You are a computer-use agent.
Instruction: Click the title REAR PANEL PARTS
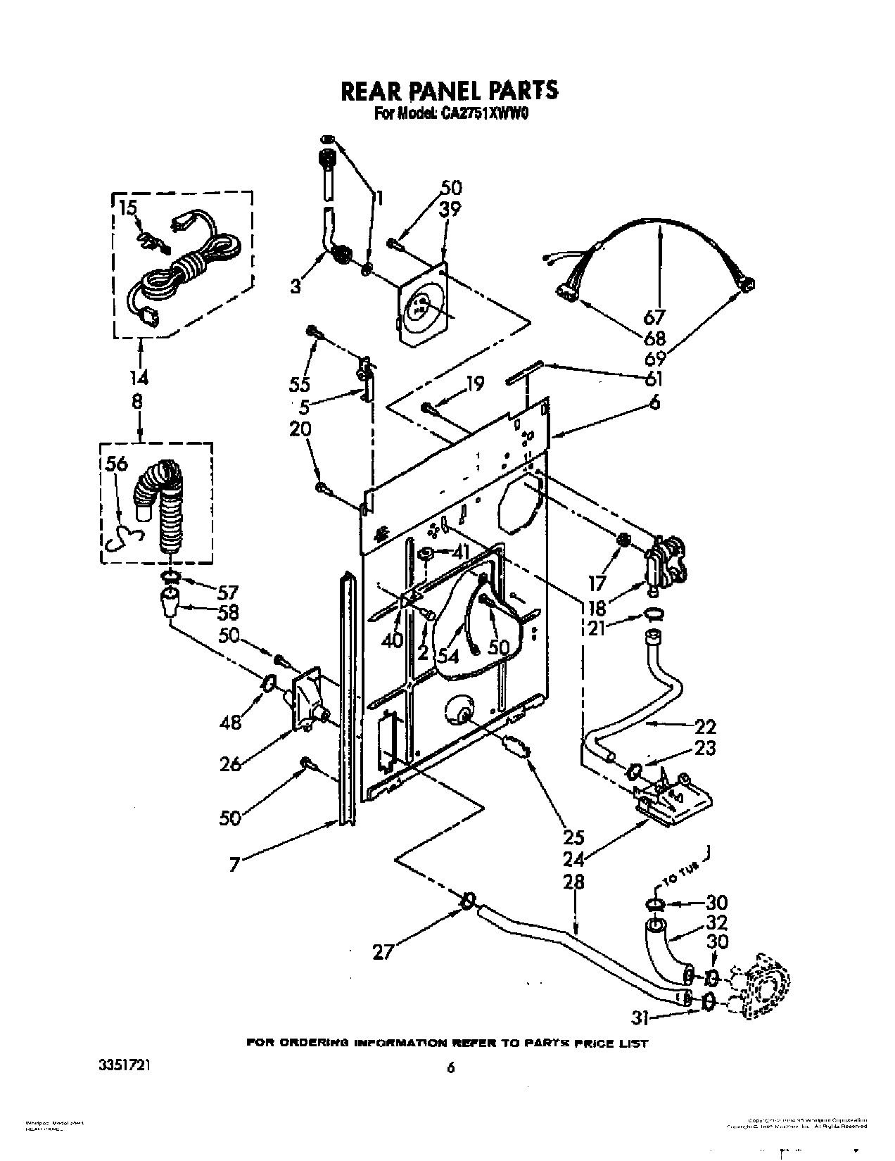[x=449, y=90]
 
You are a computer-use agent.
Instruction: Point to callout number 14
[x=139, y=378]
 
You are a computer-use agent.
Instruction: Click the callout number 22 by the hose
[x=705, y=726]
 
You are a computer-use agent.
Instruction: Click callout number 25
[x=575, y=838]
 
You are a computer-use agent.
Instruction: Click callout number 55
[x=300, y=384]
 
